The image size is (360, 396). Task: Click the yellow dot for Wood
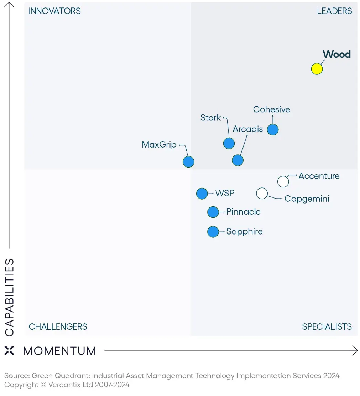[317, 69]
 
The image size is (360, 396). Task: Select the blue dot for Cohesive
[273, 130]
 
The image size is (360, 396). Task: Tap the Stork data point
[229, 143]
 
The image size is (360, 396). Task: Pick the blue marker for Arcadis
[238, 160]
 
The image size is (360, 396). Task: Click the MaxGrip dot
[188, 162]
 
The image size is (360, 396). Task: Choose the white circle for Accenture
[283, 181]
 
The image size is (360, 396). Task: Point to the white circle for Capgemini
[262, 194]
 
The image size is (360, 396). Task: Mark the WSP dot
[202, 194]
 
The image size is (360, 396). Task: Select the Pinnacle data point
[213, 212]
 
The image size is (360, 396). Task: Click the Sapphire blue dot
[213, 232]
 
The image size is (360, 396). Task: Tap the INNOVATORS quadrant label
[54, 11]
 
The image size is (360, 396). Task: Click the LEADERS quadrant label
[334, 11]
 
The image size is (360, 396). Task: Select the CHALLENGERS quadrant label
[58, 326]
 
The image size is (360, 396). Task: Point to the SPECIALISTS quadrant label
[327, 326]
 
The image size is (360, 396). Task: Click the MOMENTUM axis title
[59, 351]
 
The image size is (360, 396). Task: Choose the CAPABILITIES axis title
[10, 297]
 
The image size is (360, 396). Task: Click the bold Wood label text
[336, 54]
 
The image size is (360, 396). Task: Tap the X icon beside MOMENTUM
[9, 350]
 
